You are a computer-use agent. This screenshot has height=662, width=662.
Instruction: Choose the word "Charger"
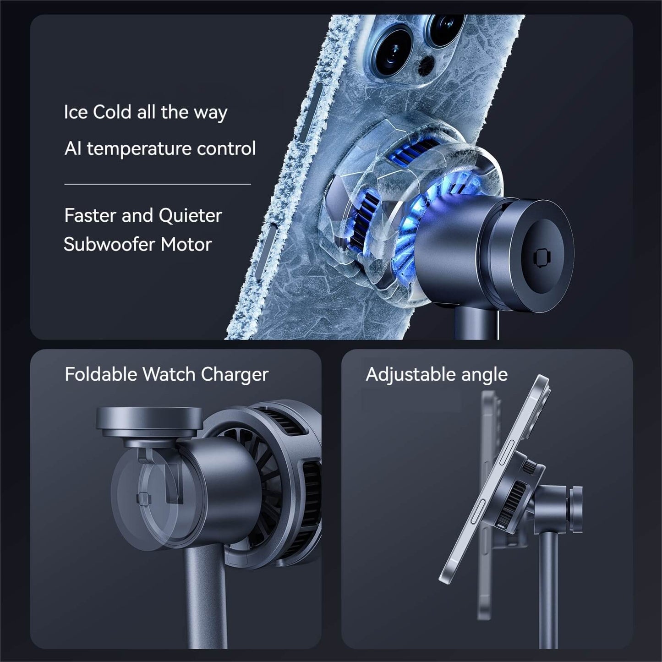[235, 374]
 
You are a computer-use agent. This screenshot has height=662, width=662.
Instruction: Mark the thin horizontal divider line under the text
[158, 184]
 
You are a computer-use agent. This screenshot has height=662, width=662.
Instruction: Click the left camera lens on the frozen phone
[393, 50]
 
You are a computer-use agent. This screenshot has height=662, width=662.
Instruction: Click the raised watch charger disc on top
[149, 421]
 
